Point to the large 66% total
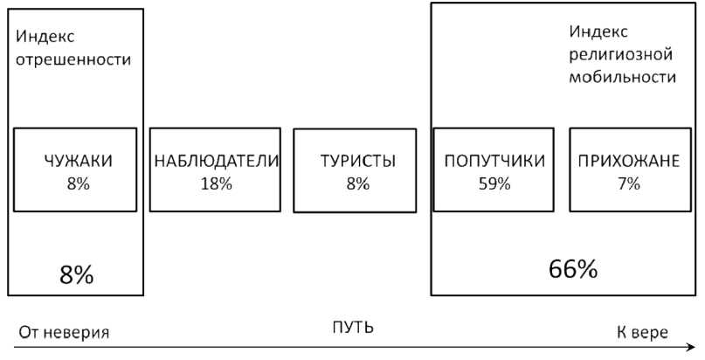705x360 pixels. pyautogui.click(x=573, y=268)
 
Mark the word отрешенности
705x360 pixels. pyautogui.click(x=73, y=60)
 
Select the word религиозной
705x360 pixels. pyautogui.click(x=620, y=55)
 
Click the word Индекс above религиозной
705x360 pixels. pyautogui.click(x=598, y=32)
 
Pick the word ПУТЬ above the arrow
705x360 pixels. pyautogui.click(x=353, y=328)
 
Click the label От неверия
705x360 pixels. pyautogui.click(x=59, y=333)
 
